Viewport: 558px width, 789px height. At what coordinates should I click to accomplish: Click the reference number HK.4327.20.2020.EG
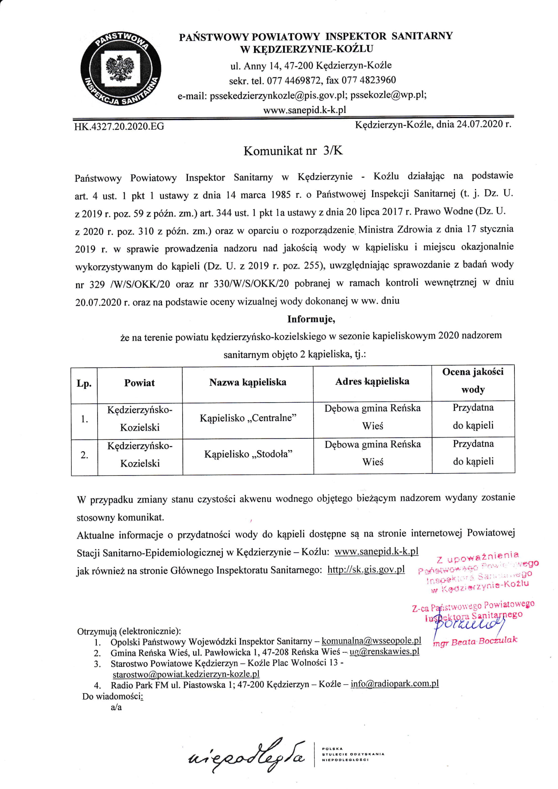[x=119, y=127]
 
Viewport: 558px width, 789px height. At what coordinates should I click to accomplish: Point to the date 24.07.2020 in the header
[x=480, y=124]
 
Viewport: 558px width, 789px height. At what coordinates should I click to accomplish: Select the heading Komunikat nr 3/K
[x=293, y=151]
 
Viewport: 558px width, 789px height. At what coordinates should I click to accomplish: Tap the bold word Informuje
[x=311, y=319]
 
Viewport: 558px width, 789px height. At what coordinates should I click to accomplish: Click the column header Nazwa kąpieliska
[x=248, y=382]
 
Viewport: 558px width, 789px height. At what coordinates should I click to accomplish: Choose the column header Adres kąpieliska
[x=372, y=381]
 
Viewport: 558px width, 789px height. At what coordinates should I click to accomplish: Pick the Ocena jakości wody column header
[x=473, y=380]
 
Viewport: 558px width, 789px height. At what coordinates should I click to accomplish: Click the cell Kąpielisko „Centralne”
[x=248, y=418]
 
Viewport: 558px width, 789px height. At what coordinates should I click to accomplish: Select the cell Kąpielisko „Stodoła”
[x=248, y=454]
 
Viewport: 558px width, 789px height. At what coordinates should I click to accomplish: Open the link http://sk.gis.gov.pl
[x=366, y=570]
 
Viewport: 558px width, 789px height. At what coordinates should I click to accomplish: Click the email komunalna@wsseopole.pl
[x=371, y=641]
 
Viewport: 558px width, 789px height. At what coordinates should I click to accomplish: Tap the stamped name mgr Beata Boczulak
[x=476, y=641]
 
